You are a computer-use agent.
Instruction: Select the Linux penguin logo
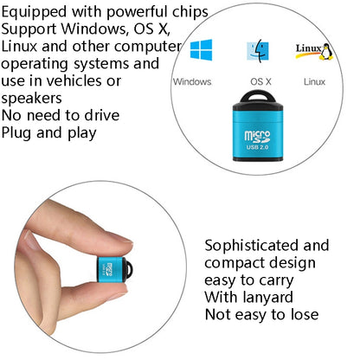[x=314, y=51]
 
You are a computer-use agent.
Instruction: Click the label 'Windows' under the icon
[x=192, y=82]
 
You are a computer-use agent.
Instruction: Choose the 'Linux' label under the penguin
[x=314, y=82]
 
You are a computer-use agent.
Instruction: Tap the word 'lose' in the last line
[x=300, y=314]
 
